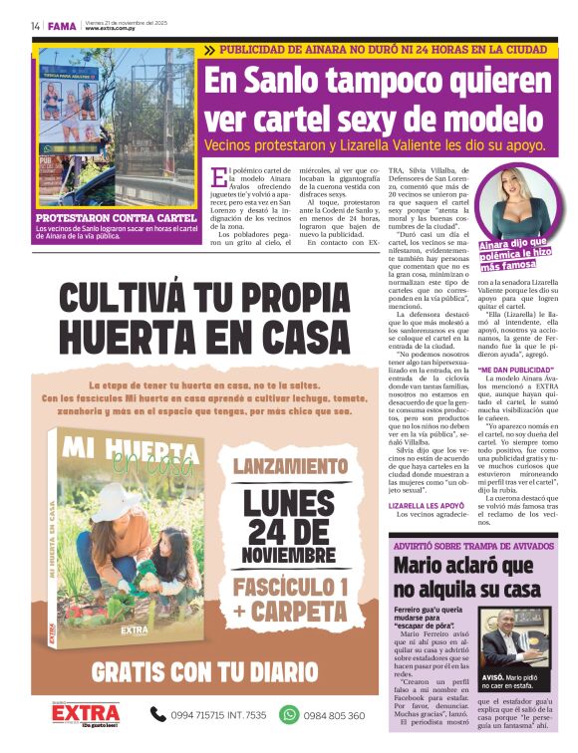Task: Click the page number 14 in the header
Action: click(35, 25)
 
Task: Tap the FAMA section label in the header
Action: click(62, 25)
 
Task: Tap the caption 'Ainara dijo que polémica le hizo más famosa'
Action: click(512, 254)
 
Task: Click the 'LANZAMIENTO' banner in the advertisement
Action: click(291, 466)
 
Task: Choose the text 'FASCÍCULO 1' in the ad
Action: click(291, 585)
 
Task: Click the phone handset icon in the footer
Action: click(157, 714)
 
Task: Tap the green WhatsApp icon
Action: click(289, 714)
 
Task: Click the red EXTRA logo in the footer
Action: click(87, 713)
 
